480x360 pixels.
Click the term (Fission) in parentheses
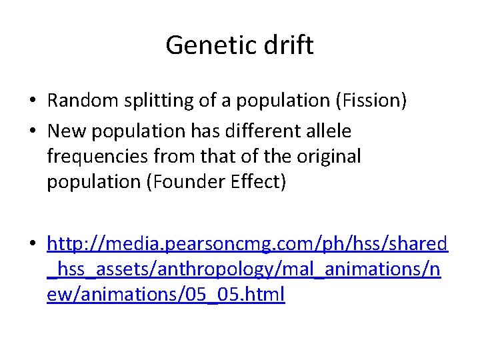pyautogui.click(x=371, y=101)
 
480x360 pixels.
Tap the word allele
pyautogui.click(x=327, y=131)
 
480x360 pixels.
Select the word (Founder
pyautogui.click(x=184, y=182)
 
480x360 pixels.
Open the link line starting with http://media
pyautogui.click(x=247, y=244)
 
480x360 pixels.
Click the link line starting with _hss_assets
pyautogui.click(x=243, y=269)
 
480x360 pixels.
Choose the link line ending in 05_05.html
pyautogui.click(x=165, y=295)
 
